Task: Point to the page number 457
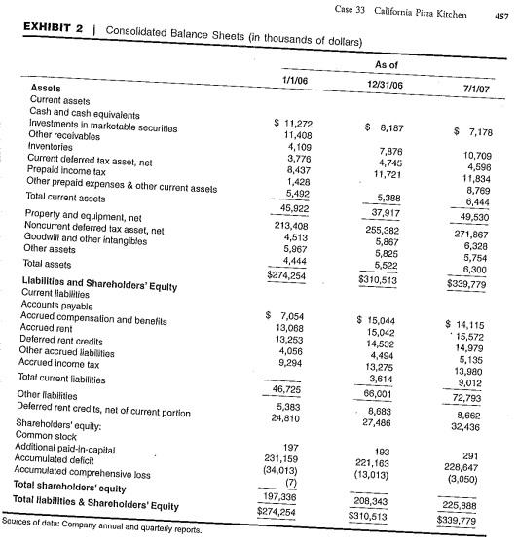coord(502,15)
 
